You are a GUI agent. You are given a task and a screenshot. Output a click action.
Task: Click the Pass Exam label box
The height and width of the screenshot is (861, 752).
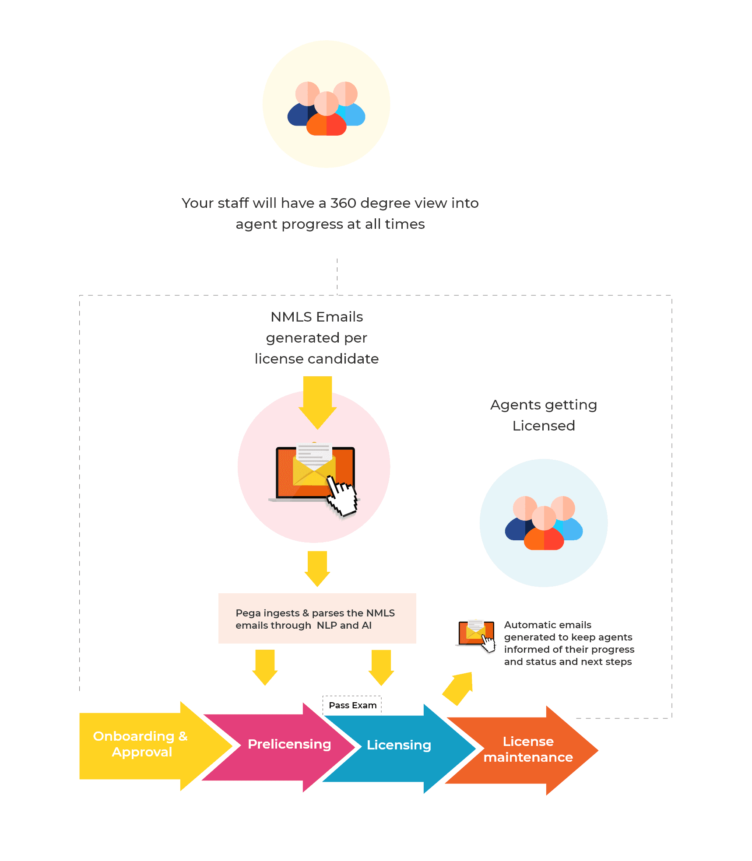coord(352,705)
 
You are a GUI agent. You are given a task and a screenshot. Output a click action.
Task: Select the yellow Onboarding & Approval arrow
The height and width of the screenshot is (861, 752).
coord(140,744)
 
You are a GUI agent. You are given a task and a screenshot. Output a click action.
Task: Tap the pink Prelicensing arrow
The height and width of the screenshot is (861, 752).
coord(289,744)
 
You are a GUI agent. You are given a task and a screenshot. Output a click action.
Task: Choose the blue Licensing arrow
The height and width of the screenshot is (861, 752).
coord(399,745)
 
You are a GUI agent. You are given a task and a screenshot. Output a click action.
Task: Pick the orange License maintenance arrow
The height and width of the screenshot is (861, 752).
coord(528,749)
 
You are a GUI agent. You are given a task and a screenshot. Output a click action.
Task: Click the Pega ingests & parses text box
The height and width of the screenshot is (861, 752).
coord(317,619)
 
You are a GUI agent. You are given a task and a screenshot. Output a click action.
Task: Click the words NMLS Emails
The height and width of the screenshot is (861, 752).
coord(316,317)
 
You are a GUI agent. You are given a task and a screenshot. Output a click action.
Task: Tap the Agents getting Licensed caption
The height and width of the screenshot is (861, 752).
coord(544,415)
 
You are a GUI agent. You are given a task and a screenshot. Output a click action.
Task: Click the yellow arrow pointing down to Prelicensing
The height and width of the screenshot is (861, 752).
coord(265,666)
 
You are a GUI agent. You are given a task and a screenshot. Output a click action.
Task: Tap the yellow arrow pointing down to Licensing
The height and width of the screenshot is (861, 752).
coord(381,667)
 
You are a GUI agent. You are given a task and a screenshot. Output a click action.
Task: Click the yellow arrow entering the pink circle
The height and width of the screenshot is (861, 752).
coord(317,401)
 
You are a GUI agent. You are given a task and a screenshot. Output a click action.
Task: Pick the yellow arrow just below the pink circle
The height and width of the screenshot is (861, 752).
coord(317,567)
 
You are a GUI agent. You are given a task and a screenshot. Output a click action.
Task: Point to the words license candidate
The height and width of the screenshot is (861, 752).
coord(316,359)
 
